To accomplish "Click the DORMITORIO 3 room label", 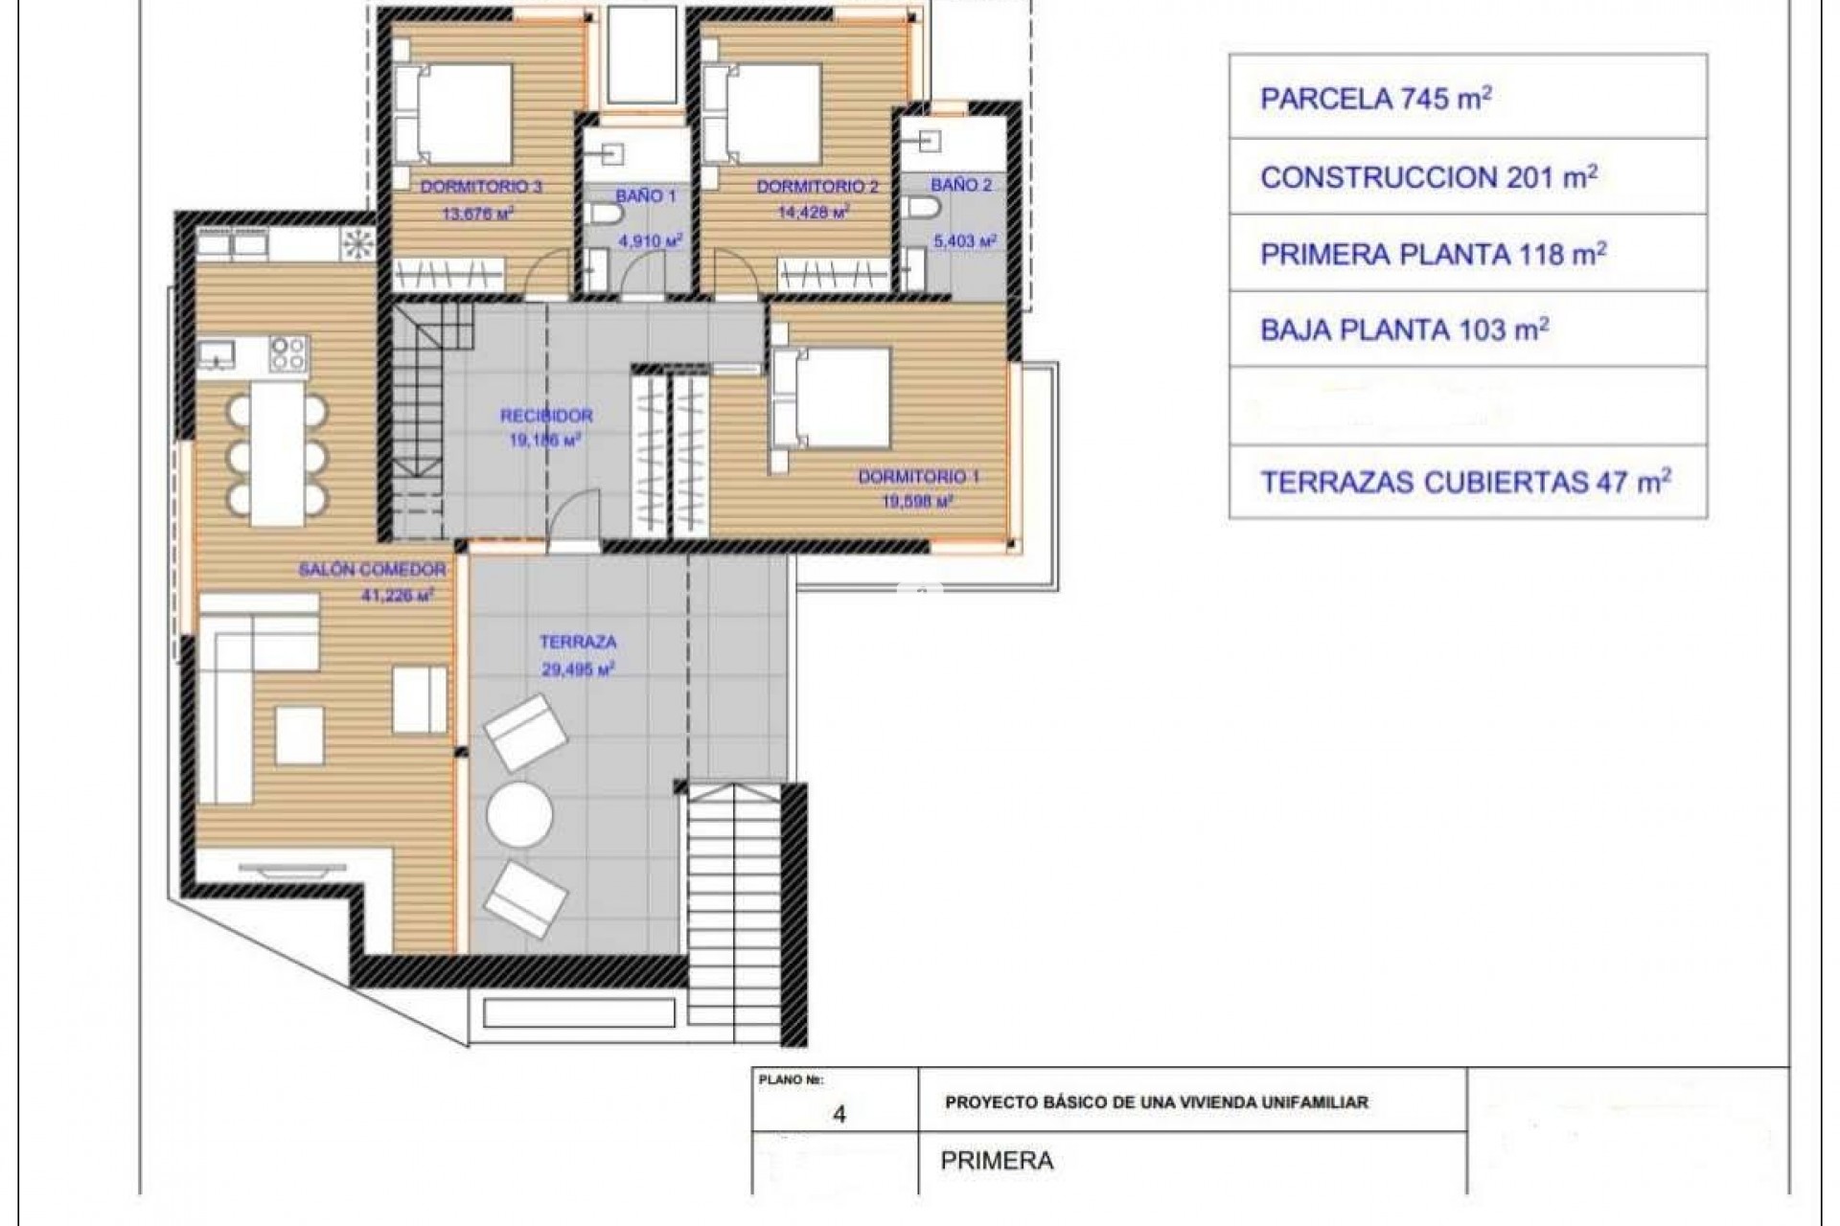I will pos(481,187).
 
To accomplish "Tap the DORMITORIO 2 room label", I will pos(816,187).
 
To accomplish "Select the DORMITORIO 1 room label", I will pos(918,476).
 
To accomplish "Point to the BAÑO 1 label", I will pos(645,195).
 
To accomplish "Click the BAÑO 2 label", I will pos(961,185).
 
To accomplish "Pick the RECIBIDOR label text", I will pos(546,416).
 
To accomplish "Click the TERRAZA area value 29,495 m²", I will pos(578,670).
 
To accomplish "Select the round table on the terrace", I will pos(519,814).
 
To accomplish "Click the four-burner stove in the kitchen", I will pos(287,353).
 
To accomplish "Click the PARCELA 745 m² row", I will pos(1375,99).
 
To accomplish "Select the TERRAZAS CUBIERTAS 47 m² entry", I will pos(1465,482).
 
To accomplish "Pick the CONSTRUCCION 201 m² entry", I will pos(1428,177).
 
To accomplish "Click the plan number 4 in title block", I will pos(839,1115).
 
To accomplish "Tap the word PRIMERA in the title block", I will pos(997,1161).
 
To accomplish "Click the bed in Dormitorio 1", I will pos(832,397).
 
